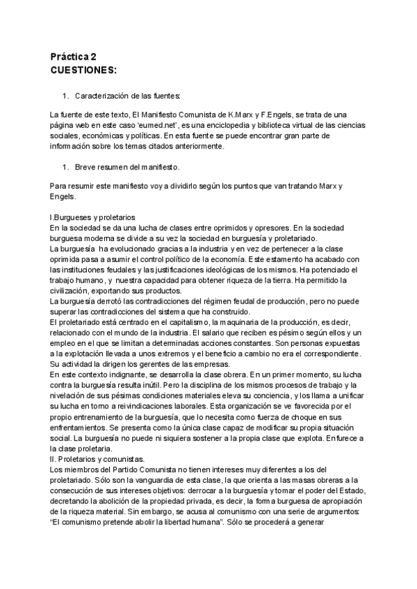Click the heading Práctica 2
pos(74,57)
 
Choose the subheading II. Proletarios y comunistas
pos(97,460)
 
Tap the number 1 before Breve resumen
pos(65,167)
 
